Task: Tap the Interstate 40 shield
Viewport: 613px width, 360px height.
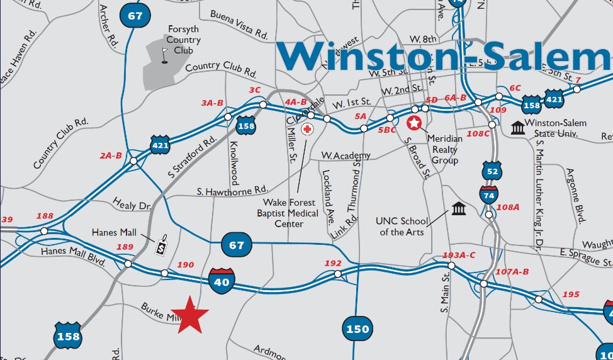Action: pos(222,279)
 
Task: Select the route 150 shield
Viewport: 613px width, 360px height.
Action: pos(356,329)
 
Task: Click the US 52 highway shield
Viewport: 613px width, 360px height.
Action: pos(492,170)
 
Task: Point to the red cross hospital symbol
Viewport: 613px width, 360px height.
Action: pos(307,129)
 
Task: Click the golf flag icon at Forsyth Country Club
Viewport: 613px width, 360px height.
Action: pos(165,55)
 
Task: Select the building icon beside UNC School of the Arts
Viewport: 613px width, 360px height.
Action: pos(458,208)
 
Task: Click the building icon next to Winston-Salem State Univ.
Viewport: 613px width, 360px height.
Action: pos(518,128)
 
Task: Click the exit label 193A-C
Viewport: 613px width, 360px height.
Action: pos(459,255)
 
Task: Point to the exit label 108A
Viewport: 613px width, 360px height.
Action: pos(508,207)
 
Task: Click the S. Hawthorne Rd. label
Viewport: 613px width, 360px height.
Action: pos(232,190)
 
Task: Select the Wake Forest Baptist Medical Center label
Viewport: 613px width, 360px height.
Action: pos(289,213)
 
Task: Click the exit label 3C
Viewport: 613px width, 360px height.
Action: pos(254,90)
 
